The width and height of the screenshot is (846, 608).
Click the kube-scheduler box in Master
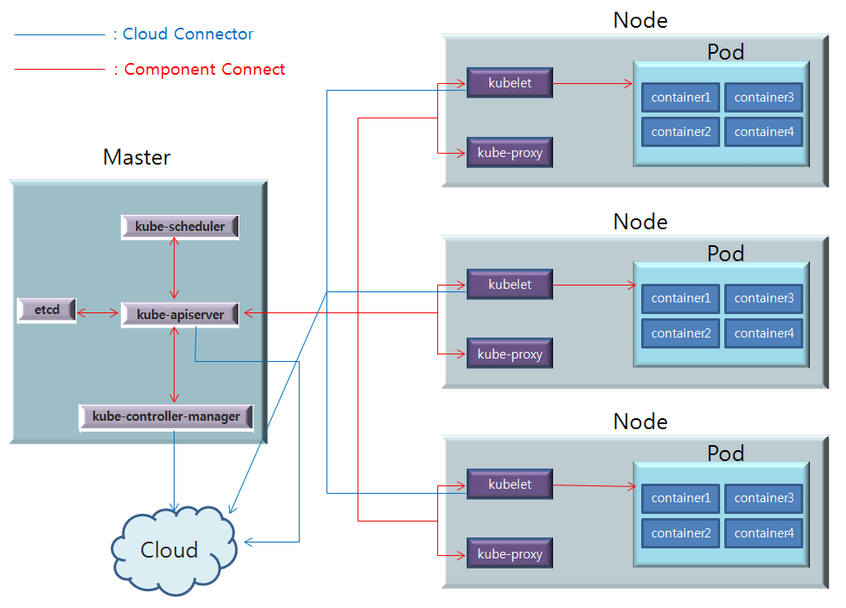click(x=180, y=227)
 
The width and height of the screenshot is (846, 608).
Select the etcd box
click(x=46, y=310)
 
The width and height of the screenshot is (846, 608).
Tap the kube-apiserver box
click(x=180, y=314)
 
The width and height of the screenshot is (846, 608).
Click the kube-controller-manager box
click(x=166, y=417)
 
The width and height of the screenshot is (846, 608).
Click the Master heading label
click(x=137, y=157)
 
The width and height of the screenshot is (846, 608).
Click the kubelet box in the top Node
click(x=509, y=83)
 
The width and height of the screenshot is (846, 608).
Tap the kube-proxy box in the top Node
click(x=509, y=153)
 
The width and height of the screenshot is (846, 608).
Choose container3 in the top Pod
click(x=764, y=97)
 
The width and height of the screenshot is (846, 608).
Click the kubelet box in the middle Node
click(x=509, y=284)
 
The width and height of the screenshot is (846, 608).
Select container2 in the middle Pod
click(x=681, y=333)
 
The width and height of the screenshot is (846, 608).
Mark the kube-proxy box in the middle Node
click(x=509, y=354)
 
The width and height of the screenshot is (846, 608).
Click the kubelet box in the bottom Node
click(x=509, y=485)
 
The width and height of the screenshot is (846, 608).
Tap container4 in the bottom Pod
click(x=764, y=533)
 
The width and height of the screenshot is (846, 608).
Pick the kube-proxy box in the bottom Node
click(x=509, y=554)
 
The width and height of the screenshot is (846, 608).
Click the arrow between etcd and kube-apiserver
click(x=98, y=314)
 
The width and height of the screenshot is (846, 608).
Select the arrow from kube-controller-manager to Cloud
click(x=174, y=470)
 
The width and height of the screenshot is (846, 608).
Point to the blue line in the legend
click(x=59, y=34)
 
